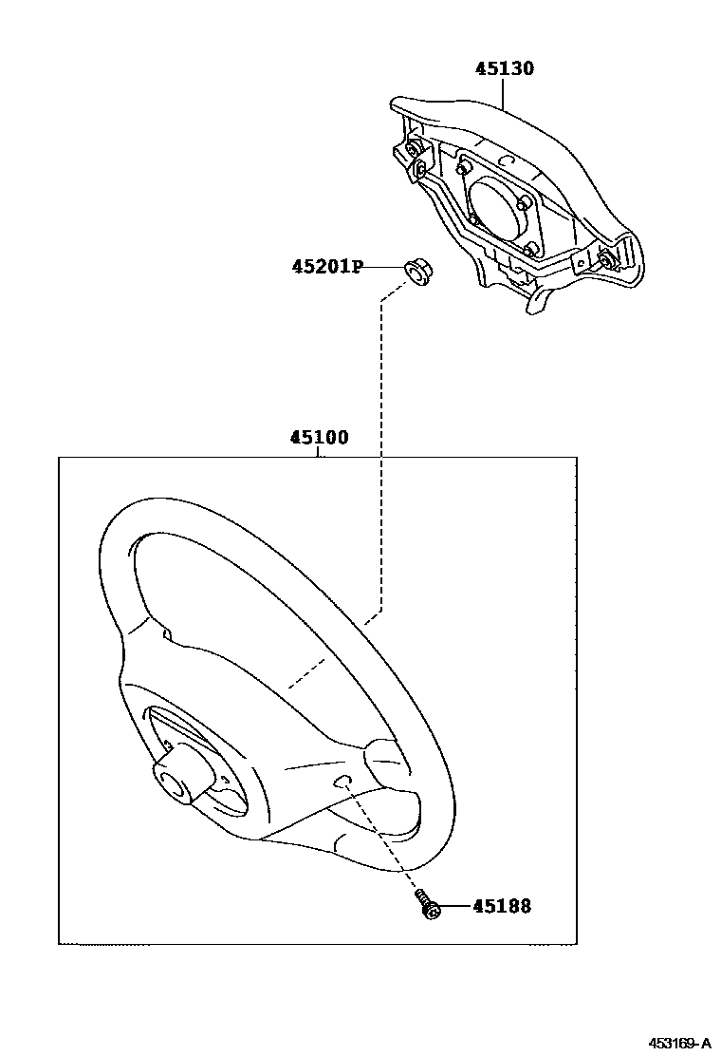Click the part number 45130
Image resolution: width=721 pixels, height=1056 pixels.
click(505, 68)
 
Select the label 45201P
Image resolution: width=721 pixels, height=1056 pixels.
click(327, 267)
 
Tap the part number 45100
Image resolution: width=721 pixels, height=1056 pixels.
click(319, 438)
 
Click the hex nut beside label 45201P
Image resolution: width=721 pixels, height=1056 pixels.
click(415, 271)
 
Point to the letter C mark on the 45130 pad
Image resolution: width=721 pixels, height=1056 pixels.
click(506, 162)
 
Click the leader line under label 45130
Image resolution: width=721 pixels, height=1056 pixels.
click(504, 96)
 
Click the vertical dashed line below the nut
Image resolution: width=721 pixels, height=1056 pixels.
click(381, 427)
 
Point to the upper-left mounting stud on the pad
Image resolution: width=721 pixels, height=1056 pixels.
click(415, 150)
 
